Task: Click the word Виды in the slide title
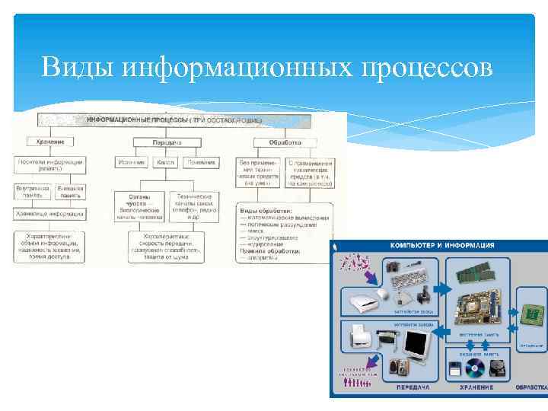click(75, 67)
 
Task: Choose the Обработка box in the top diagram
click(284, 142)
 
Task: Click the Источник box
click(130, 163)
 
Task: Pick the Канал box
click(165, 163)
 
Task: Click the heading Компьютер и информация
click(442, 246)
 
